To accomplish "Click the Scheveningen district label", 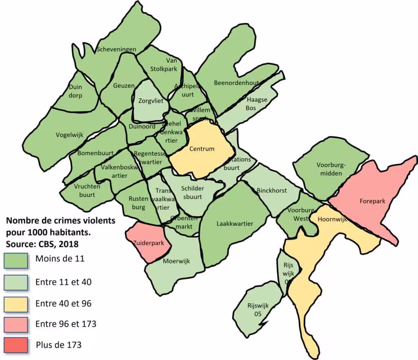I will tap(116, 49).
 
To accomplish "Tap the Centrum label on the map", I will tap(202, 149).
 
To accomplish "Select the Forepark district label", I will tap(372, 201).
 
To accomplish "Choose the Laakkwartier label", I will tap(235, 223).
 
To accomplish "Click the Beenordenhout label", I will tap(236, 83).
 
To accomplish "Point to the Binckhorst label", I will tap(271, 190).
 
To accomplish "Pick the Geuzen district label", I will tap(124, 86).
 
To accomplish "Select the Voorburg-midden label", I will tap(331, 169).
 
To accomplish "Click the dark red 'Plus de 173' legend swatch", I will tap(16, 345).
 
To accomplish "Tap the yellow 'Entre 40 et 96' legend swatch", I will tap(16, 303).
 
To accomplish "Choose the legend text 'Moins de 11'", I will tap(60, 258).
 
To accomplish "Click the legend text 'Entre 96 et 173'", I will tap(66, 324).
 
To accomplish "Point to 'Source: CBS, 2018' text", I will tap(42, 244).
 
